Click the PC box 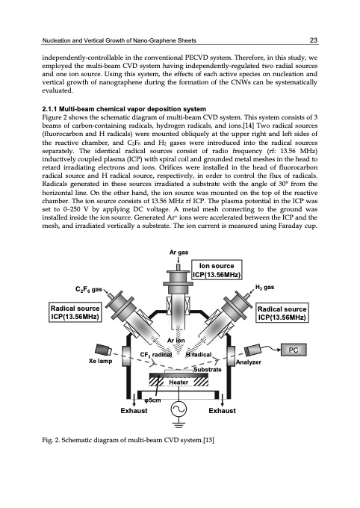coord(294,350)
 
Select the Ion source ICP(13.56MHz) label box coord(217,270)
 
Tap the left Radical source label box coord(75,312)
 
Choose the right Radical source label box coord(282,313)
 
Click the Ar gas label coord(179,253)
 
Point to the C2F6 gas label coord(89,289)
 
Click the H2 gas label coord(264,287)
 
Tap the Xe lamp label coord(100,361)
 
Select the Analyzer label coord(248,362)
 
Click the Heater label coord(179,382)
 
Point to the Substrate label coord(208,369)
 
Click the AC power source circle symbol coord(179,409)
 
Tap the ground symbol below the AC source coord(179,424)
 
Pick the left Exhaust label coord(134,411)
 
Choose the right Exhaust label coord(222,411)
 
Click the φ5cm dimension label coord(152,400)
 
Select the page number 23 coord(314,40)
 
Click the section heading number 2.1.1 coord(49,109)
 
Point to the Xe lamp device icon coord(103,350)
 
